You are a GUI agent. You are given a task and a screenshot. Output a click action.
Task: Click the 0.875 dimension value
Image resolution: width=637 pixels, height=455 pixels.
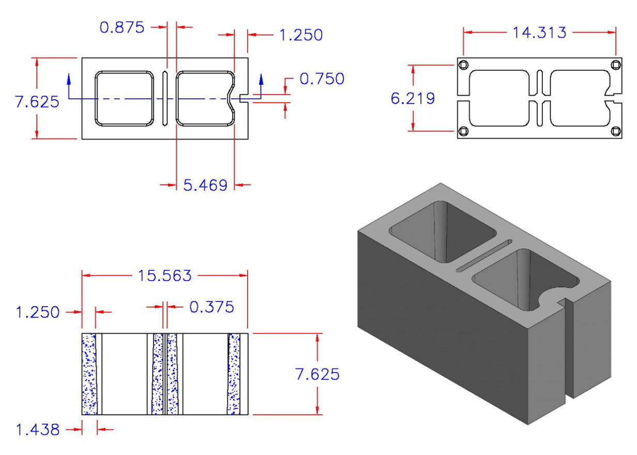pos(122,27)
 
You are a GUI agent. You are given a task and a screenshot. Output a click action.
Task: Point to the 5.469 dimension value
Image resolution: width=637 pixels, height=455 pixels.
pos(205,185)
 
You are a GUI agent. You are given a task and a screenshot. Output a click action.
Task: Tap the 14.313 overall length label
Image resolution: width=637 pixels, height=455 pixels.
pos(539,33)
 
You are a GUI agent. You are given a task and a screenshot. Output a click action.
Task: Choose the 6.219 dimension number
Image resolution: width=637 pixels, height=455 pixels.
pos(412,98)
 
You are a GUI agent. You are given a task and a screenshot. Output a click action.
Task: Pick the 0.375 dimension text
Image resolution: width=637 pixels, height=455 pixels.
pos(211,307)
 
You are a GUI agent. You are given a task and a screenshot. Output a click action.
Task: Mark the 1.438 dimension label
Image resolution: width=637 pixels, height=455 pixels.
pos(37,429)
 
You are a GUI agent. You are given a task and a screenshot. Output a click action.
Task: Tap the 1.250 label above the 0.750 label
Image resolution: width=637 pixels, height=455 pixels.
pos(300,35)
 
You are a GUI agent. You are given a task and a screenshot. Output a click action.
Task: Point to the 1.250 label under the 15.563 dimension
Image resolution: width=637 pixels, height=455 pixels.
pos(37,312)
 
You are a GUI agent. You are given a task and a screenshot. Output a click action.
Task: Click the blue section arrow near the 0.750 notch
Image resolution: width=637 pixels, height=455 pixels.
pos(261,79)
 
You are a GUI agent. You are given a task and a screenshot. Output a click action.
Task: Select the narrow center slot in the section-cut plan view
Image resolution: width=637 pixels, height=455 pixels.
pos(164,98)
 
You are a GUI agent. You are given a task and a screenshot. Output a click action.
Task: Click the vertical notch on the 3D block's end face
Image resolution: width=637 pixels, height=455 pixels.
pos(569,352)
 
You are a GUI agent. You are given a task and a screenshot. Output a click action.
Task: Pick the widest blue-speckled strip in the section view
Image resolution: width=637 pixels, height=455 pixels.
pos(89,374)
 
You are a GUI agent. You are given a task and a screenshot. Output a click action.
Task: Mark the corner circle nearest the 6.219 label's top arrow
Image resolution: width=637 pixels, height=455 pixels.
pos(463,65)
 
